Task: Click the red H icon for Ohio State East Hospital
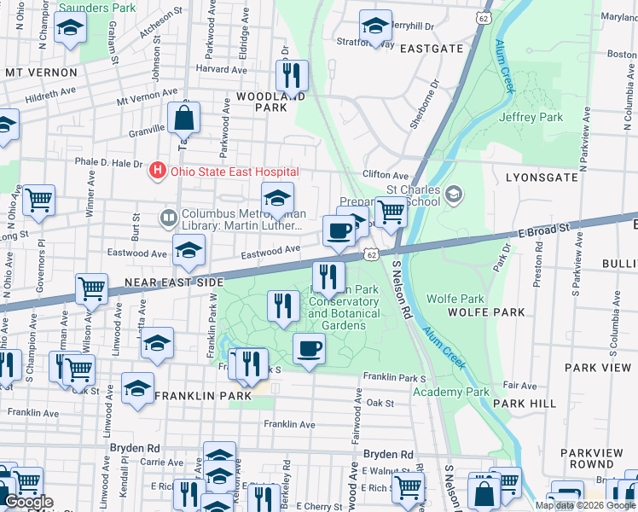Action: coord(157,171)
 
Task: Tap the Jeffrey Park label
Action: coord(531,117)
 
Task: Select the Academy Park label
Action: coord(451,392)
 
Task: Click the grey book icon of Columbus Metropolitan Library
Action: coord(168,218)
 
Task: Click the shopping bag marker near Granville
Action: coord(183,118)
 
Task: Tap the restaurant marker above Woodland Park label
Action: coord(293,75)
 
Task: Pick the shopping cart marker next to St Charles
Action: coord(391,212)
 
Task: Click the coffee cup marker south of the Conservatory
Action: coord(309,348)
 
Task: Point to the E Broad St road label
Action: coord(543,230)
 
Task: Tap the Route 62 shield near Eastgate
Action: coord(484,16)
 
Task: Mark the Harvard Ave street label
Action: coord(220,69)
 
